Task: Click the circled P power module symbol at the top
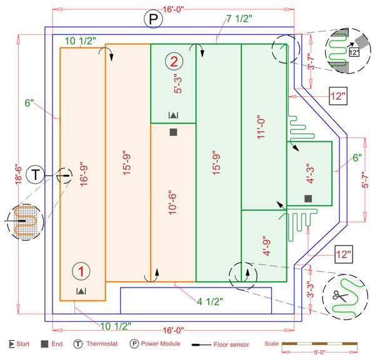152,19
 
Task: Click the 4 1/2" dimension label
210,303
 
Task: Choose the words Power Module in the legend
161,344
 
